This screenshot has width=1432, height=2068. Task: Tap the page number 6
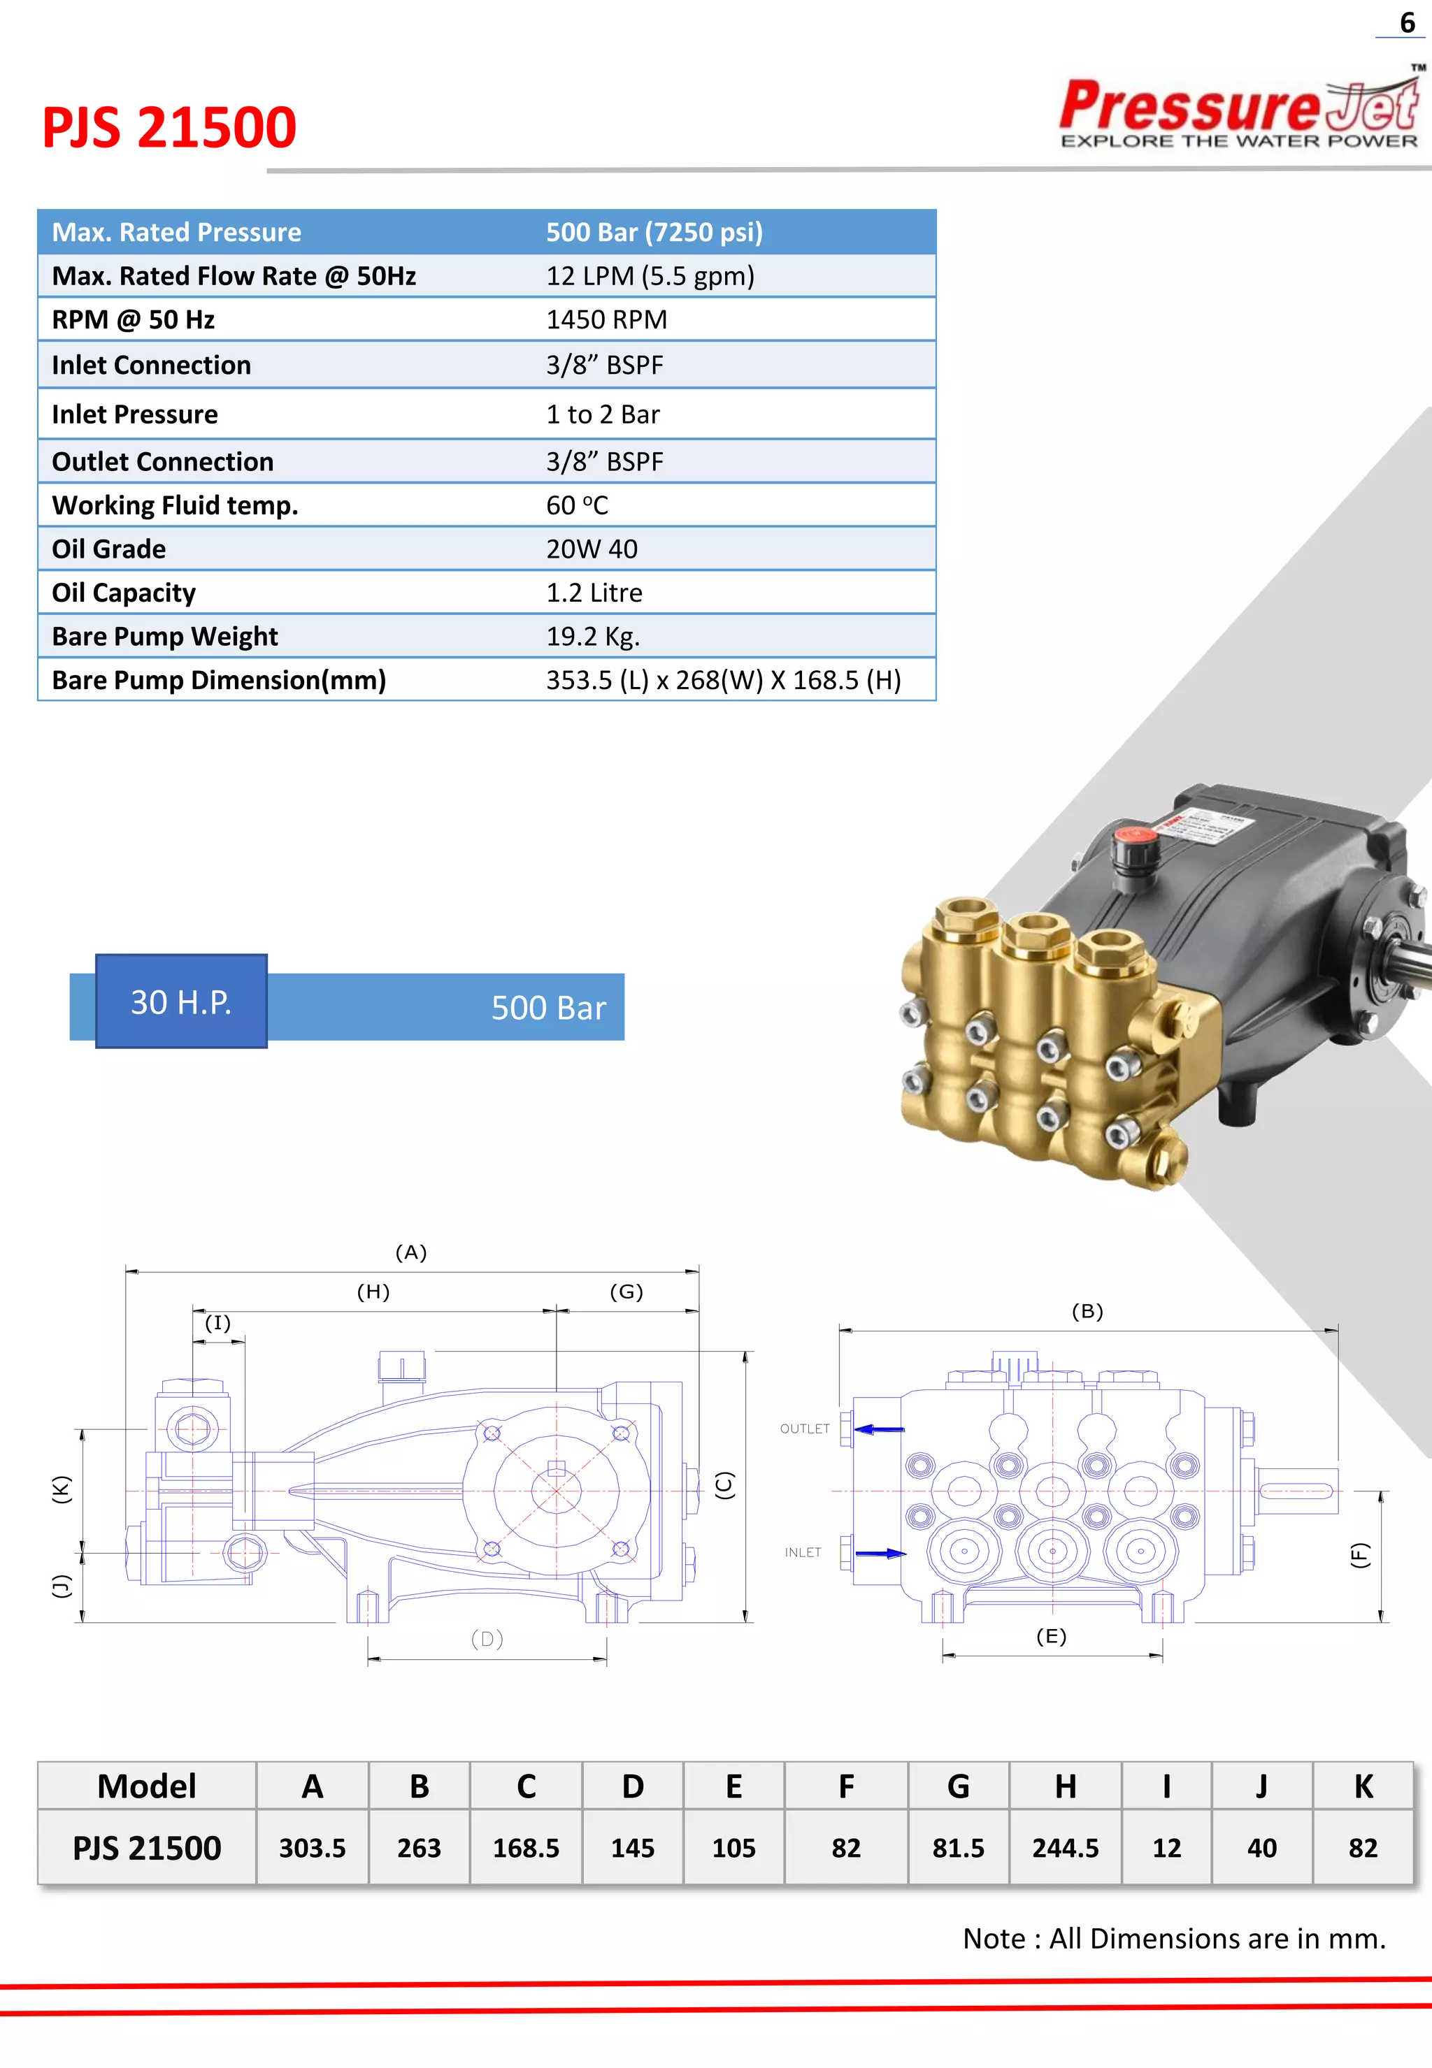(x=1407, y=22)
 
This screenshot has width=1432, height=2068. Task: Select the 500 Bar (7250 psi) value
(x=654, y=232)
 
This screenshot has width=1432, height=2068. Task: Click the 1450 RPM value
(x=606, y=320)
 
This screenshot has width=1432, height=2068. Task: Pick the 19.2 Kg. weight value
(x=592, y=637)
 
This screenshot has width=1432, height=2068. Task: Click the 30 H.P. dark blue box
(x=181, y=1002)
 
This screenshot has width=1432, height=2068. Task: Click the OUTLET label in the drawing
(x=804, y=1429)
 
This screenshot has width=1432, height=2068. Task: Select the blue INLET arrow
(x=880, y=1553)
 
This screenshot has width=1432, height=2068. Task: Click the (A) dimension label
(x=411, y=1252)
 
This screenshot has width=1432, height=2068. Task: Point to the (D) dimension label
(x=487, y=1638)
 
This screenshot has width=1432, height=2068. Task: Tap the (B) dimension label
(x=1087, y=1311)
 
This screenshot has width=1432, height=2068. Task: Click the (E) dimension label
(x=1051, y=1636)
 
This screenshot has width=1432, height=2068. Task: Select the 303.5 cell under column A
(x=313, y=1847)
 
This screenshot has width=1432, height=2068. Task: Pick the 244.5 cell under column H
(x=1065, y=1847)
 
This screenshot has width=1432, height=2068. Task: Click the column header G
(x=958, y=1786)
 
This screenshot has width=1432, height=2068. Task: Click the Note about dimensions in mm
(x=1173, y=1938)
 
